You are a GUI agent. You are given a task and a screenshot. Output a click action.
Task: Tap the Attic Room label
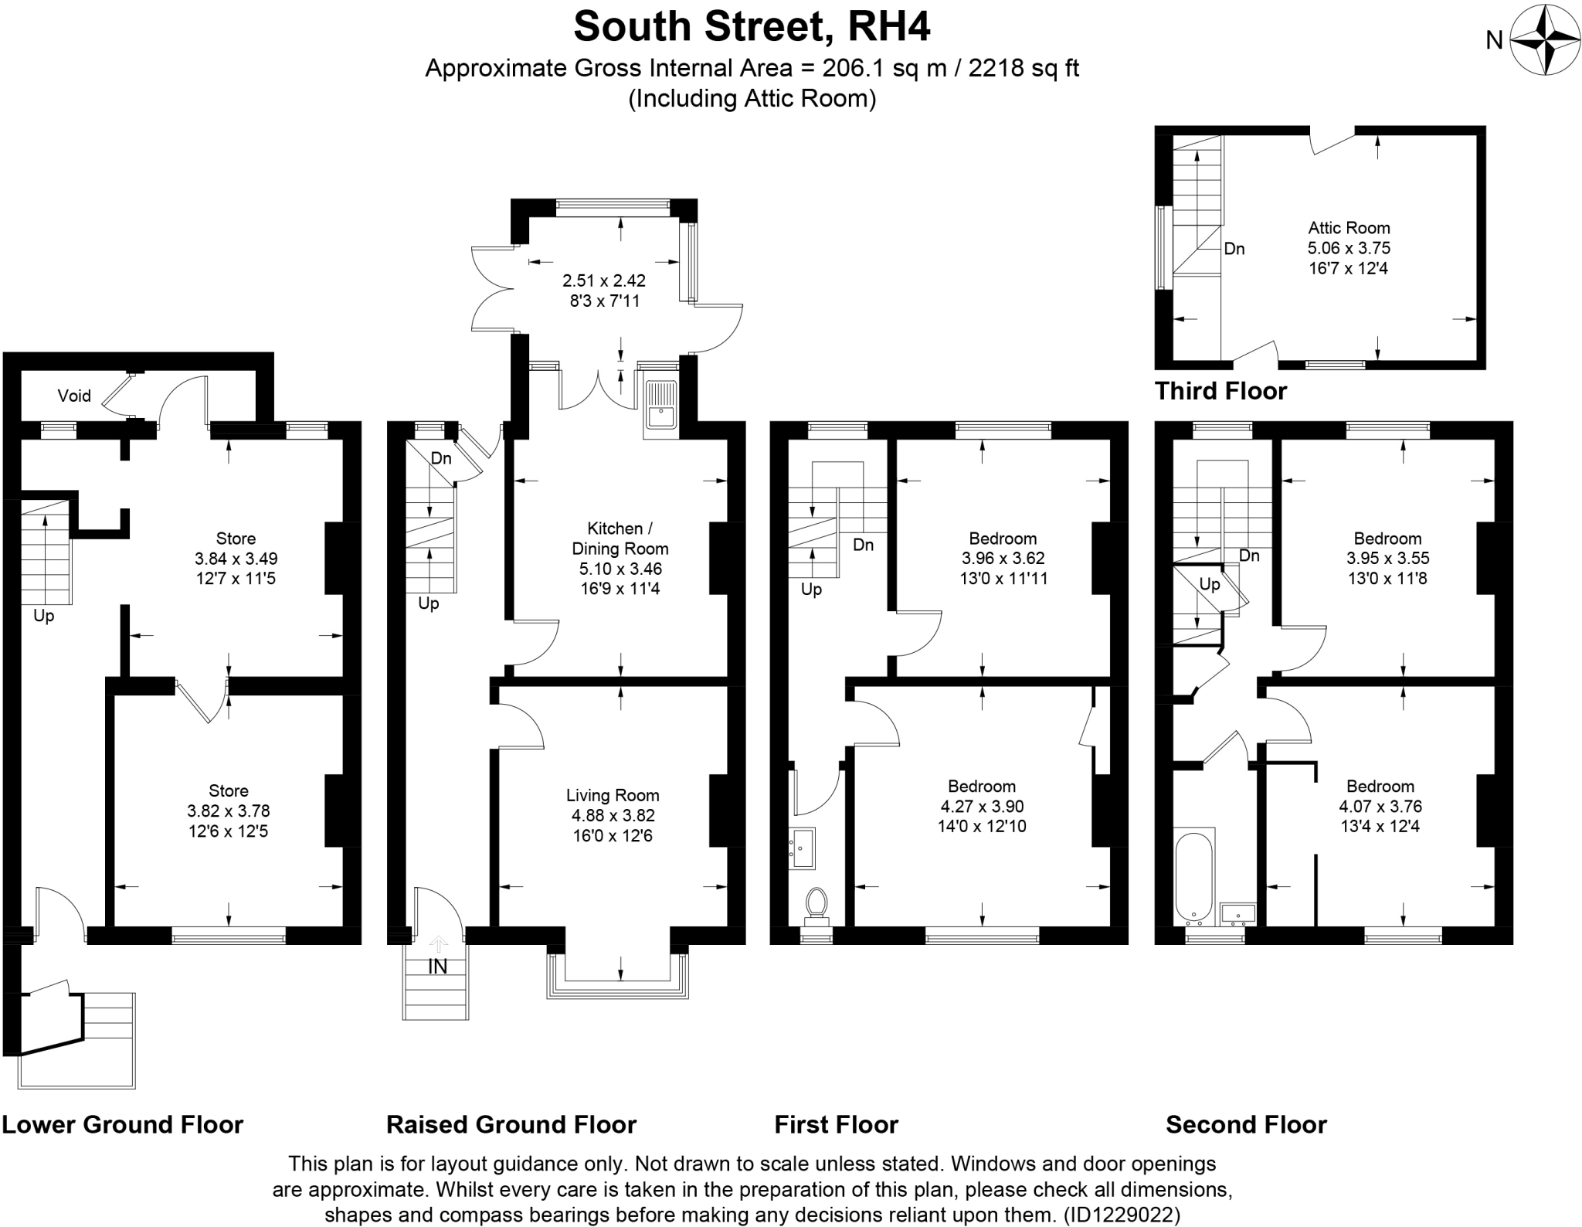pos(1349,228)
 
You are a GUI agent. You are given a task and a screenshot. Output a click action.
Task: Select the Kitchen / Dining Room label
pos(620,539)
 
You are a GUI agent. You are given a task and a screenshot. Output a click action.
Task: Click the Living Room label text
pos(613,795)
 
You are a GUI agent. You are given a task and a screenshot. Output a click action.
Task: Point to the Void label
pos(74,396)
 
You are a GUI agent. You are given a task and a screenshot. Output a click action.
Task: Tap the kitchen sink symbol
pos(661,406)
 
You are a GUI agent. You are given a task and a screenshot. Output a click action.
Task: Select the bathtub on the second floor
pos(1194,878)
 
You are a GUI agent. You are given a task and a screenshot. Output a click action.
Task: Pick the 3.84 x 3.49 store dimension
pos(236,559)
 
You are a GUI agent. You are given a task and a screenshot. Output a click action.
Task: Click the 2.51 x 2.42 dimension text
pos(604,280)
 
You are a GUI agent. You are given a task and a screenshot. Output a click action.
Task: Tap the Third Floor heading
pos(1220,391)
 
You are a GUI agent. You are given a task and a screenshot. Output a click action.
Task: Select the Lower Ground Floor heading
pos(122,1124)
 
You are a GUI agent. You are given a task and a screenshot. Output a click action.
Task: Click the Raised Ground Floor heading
pos(511,1124)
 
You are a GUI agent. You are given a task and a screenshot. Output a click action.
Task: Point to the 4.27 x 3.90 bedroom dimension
pos(982,807)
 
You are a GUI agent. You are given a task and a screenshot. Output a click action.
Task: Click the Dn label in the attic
pos(1234,249)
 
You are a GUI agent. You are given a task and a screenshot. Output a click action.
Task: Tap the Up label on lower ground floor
pos(43,617)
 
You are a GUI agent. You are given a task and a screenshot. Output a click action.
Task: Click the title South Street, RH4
pos(752,27)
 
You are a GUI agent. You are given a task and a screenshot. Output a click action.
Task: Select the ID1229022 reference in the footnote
pos(1122,1215)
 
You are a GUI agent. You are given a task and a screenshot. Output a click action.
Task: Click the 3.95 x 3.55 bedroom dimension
pos(1387,559)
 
